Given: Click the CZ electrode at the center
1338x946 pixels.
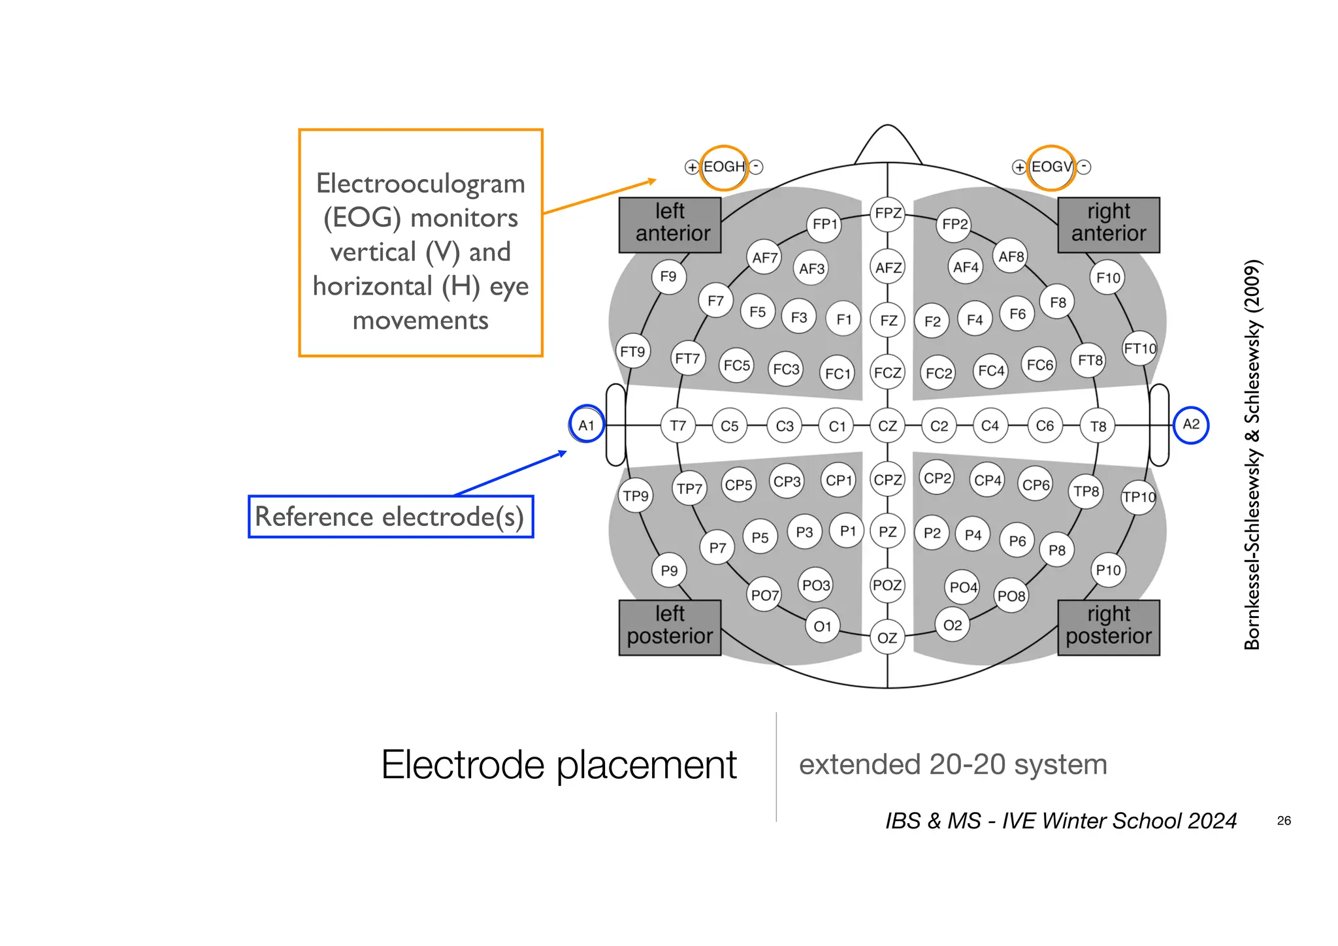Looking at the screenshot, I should click(x=887, y=426).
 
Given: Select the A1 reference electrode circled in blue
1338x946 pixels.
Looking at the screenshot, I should click(x=586, y=425).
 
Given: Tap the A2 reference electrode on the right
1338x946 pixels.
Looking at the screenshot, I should click(x=1191, y=425).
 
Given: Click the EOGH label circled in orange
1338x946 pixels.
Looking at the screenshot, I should click(x=724, y=167).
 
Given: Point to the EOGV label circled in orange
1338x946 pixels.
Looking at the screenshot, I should click(x=1051, y=167).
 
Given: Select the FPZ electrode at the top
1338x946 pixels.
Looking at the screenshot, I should click(x=888, y=214).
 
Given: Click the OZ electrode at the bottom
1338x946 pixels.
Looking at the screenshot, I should click(x=887, y=638).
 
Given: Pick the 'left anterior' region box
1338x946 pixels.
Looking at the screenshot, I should click(x=670, y=224).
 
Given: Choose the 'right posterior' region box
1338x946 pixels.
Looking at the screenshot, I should click(x=1109, y=627).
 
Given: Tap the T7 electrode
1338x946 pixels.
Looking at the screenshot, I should click(x=677, y=426).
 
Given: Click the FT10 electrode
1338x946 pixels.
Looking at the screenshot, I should click(x=1139, y=349).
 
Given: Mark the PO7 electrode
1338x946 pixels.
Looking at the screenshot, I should click(x=764, y=595).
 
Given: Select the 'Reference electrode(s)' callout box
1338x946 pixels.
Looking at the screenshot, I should click(x=391, y=517).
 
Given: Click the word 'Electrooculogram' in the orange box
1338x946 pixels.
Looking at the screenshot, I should click(x=420, y=184).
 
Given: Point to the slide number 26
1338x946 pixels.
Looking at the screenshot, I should click(x=1284, y=821).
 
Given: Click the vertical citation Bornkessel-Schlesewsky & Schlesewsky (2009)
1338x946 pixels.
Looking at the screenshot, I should click(x=1252, y=455).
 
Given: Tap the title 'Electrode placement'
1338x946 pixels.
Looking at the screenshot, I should click(x=559, y=764).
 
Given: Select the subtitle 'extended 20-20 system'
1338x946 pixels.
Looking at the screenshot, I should click(x=953, y=764).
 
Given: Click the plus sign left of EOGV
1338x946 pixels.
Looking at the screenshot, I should click(x=1019, y=167).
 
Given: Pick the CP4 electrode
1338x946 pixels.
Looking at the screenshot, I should click(x=987, y=481).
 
